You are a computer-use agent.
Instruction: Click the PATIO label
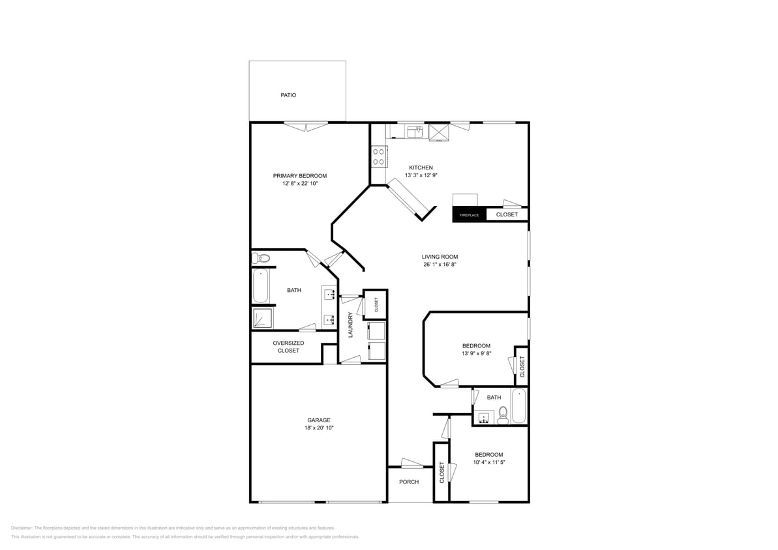click(x=288, y=95)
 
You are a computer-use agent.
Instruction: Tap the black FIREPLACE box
click(x=469, y=214)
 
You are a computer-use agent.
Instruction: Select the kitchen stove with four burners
click(x=378, y=156)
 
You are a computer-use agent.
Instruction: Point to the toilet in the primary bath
click(x=262, y=259)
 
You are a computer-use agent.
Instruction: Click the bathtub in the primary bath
click(x=260, y=287)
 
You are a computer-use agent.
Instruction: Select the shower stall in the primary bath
click(x=263, y=318)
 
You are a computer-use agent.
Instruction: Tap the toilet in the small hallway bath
click(x=503, y=414)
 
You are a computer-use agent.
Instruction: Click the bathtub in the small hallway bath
click(x=519, y=405)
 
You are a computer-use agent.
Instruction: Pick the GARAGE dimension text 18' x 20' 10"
click(x=319, y=428)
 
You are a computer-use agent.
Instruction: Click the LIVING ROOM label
click(x=440, y=257)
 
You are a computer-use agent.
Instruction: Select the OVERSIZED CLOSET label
click(x=288, y=347)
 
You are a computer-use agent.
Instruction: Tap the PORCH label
click(x=409, y=482)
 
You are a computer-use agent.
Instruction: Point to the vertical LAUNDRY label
click(x=350, y=325)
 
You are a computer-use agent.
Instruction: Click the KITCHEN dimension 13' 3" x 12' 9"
click(x=421, y=175)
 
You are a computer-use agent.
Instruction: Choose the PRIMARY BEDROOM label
click(x=299, y=176)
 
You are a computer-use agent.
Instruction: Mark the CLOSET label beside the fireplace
click(x=507, y=214)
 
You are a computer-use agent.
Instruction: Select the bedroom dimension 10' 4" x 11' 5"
click(x=488, y=462)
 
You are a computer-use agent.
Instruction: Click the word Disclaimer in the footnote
click(x=22, y=528)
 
